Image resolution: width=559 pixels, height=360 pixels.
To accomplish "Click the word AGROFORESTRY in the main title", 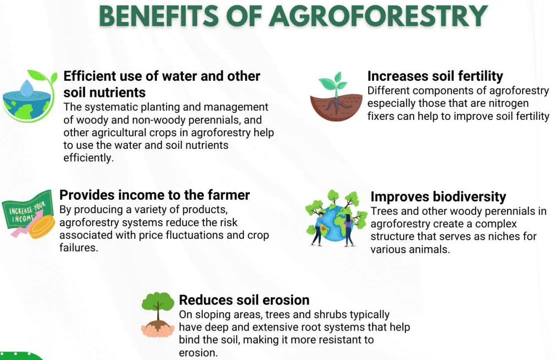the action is point(378,16).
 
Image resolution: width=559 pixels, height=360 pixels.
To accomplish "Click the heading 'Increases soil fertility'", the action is point(435,76).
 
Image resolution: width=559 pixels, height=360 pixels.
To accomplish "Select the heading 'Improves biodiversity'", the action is point(438,197).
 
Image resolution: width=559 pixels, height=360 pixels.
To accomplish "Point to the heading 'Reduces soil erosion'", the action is point(244,300).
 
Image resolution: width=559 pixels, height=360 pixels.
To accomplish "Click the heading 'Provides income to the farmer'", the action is point(154,195).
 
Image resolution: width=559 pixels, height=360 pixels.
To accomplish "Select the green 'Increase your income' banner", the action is point(27,210).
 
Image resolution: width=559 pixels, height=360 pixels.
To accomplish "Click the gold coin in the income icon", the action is point(41,227).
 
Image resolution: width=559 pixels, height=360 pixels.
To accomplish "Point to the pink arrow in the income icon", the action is point(27,223).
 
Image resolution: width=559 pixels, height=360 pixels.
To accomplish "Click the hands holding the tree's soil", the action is point(157,330).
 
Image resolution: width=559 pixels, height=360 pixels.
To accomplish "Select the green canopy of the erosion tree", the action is point(158,302).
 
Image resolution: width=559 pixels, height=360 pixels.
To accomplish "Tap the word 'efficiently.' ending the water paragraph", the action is point(88,158).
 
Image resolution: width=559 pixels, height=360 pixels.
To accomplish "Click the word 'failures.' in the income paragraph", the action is point(78,247).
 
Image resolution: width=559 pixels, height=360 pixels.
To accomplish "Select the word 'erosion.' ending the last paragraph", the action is point(198,353).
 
